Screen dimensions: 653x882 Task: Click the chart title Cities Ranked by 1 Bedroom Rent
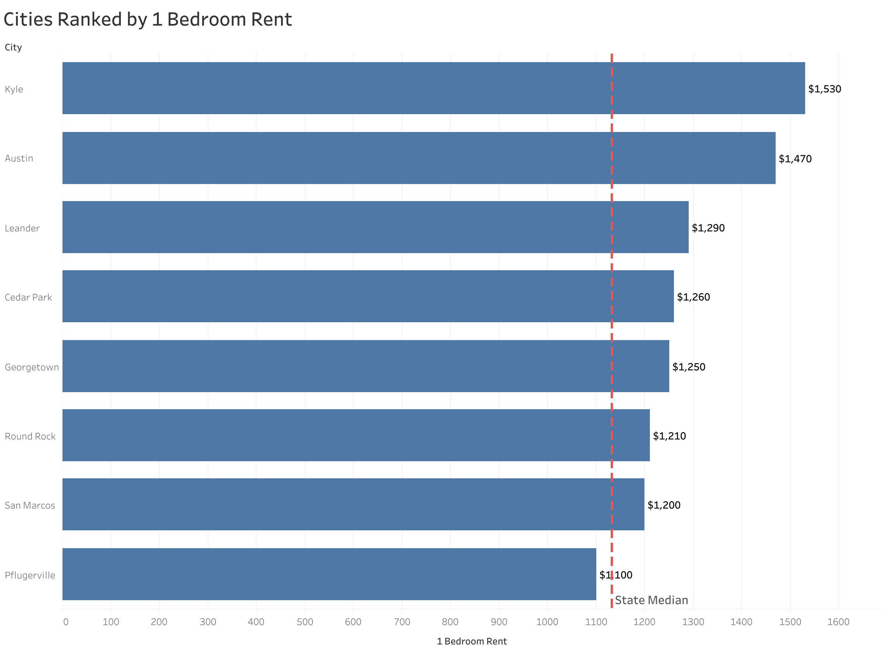[148, 20]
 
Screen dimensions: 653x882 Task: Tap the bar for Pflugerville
[329, 574]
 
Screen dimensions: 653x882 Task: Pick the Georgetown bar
[365, 366]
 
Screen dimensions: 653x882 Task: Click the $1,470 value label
[795, 159]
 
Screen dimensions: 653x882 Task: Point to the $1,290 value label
[708, 228]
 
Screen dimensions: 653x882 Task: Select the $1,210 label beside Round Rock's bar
[669, 436]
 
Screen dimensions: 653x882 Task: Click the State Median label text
[651, 601]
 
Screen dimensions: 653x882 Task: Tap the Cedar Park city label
[28, 297]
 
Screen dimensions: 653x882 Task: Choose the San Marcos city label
[30, 505]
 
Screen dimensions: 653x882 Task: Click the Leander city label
[22, 228]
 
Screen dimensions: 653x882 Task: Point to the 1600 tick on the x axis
[838, 622]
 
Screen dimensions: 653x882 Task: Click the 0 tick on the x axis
[66, 622]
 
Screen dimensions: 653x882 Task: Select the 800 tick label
[450, 622]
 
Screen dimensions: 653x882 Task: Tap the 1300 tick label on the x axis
[693, 622]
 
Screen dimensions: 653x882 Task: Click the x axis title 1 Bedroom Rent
[471, 641]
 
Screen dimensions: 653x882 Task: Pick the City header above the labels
[14, 47]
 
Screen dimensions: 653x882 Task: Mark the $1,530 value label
[824, 89]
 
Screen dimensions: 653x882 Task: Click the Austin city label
[19, 158]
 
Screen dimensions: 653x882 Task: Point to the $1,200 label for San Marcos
[664, 505]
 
